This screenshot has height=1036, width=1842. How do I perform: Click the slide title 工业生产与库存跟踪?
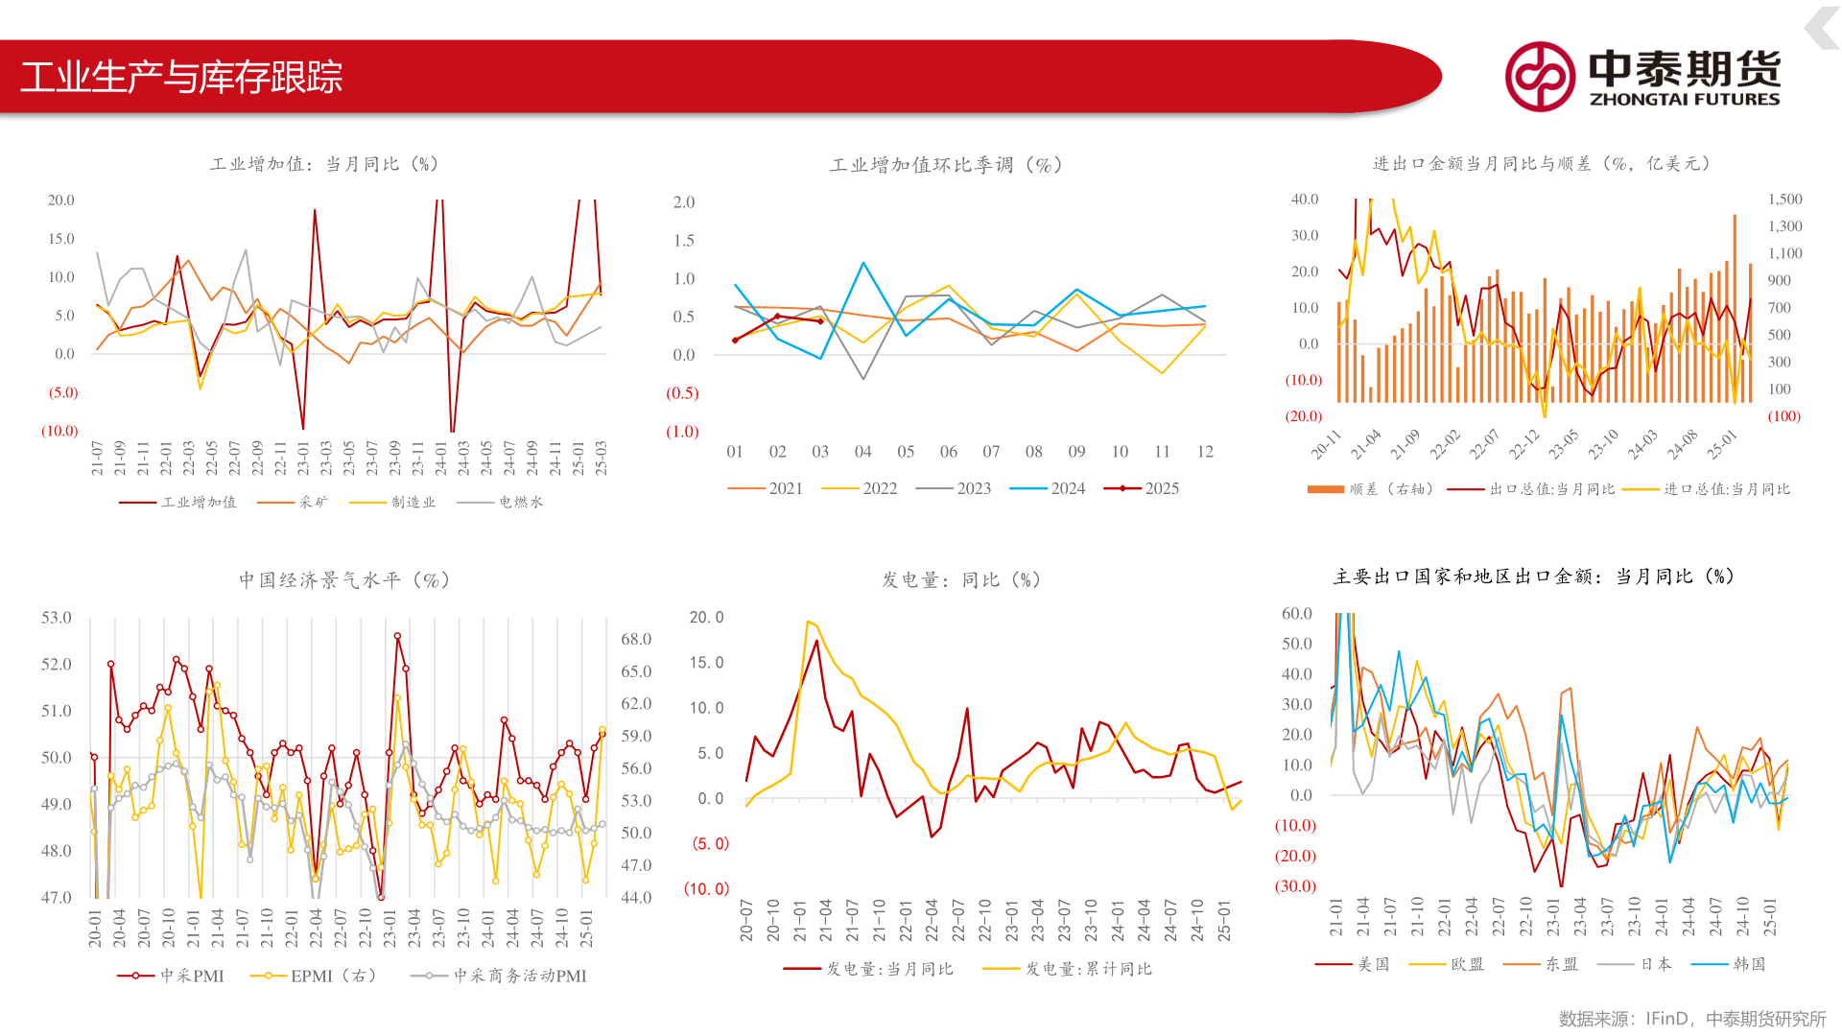click(181, 77)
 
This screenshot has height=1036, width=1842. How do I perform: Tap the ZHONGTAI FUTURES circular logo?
click(1540, 77)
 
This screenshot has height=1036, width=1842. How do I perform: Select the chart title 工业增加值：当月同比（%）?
click(324, 164)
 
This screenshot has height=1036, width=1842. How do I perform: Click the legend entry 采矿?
click(293, 502)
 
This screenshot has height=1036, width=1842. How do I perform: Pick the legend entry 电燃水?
click(500, 502)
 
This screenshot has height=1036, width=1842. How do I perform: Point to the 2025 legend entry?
click(1142, 488)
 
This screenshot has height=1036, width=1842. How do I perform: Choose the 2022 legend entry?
click(860, 488)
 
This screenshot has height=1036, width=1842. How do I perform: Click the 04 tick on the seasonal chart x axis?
click(863, 452)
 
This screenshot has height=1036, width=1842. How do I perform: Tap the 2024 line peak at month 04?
click(863, 262)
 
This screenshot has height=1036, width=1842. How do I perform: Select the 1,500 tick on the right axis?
click(1785, 200)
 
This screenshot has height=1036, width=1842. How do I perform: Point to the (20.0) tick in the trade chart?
click(1304, 416)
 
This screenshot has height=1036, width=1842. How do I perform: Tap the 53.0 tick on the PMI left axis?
click(57, 618)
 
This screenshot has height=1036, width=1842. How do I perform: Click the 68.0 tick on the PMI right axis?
click(636, 639)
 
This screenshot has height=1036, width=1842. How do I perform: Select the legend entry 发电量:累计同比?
click(1068, 969)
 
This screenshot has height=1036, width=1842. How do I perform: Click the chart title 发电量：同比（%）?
click(962, 580)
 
